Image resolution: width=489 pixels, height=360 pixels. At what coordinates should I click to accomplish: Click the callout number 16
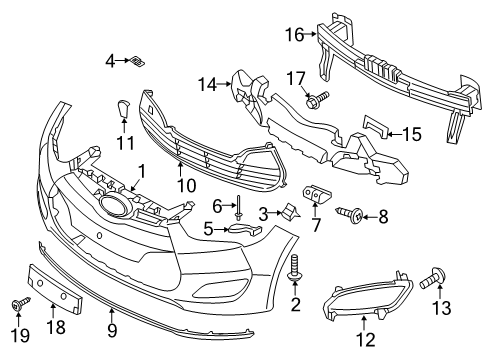(295, 35)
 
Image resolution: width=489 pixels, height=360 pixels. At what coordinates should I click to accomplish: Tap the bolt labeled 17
(317, 99)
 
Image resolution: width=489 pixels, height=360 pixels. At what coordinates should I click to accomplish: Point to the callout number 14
(208, 84)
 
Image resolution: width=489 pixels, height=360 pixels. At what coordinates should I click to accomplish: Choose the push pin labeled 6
(239, 207)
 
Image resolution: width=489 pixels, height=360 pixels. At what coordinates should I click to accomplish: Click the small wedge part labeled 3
(291, 212)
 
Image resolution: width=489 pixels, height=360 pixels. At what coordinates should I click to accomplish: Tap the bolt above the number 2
(295, 267)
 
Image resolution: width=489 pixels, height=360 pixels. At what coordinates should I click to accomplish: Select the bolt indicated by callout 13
(433, 280)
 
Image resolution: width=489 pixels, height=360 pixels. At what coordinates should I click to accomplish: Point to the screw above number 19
(20, 304)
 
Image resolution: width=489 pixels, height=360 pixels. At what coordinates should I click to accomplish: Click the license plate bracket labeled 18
(55, 289)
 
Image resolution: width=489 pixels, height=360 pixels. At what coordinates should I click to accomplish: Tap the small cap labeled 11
(123, 108)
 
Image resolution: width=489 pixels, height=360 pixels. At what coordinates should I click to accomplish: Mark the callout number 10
(187, 185)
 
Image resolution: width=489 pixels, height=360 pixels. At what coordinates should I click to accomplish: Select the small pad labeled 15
(376, 126)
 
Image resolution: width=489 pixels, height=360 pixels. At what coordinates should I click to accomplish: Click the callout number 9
(112, 330)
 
